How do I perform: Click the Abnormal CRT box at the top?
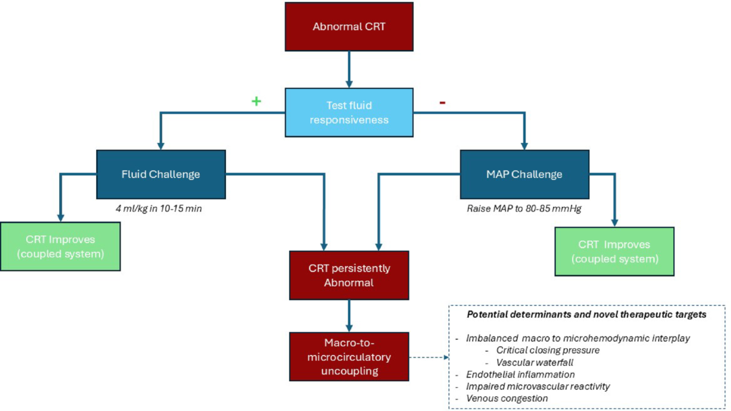348,27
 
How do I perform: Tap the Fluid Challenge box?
161,174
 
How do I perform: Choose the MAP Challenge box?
524,174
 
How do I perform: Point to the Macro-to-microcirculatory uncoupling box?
348,356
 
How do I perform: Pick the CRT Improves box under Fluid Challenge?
60,246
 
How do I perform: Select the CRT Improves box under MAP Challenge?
614,251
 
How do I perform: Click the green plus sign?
256,101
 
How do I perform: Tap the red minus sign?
442,102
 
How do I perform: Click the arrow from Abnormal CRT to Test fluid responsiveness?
348,68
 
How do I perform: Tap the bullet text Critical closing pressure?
548,350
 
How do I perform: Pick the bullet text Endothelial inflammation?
520,374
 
